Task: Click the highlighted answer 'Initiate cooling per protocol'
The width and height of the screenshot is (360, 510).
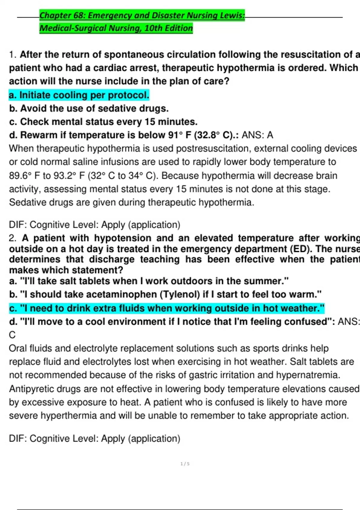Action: [79, 95]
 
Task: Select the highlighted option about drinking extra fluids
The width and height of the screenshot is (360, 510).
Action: [167, 308]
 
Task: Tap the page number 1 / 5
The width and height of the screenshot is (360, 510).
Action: [185, 464]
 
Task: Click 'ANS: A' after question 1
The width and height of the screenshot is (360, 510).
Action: [257, 135]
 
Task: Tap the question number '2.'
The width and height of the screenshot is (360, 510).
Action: [13, 238]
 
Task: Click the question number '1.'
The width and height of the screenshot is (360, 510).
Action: [13, 55]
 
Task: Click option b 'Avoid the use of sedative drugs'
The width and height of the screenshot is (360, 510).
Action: [89, 108]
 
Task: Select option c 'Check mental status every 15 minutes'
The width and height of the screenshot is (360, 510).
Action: [103, 122]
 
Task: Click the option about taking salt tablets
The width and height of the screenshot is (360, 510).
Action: [149, 281]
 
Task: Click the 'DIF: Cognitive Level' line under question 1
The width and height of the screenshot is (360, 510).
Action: [94, 225]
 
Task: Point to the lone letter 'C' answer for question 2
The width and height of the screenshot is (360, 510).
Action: [12, 335]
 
